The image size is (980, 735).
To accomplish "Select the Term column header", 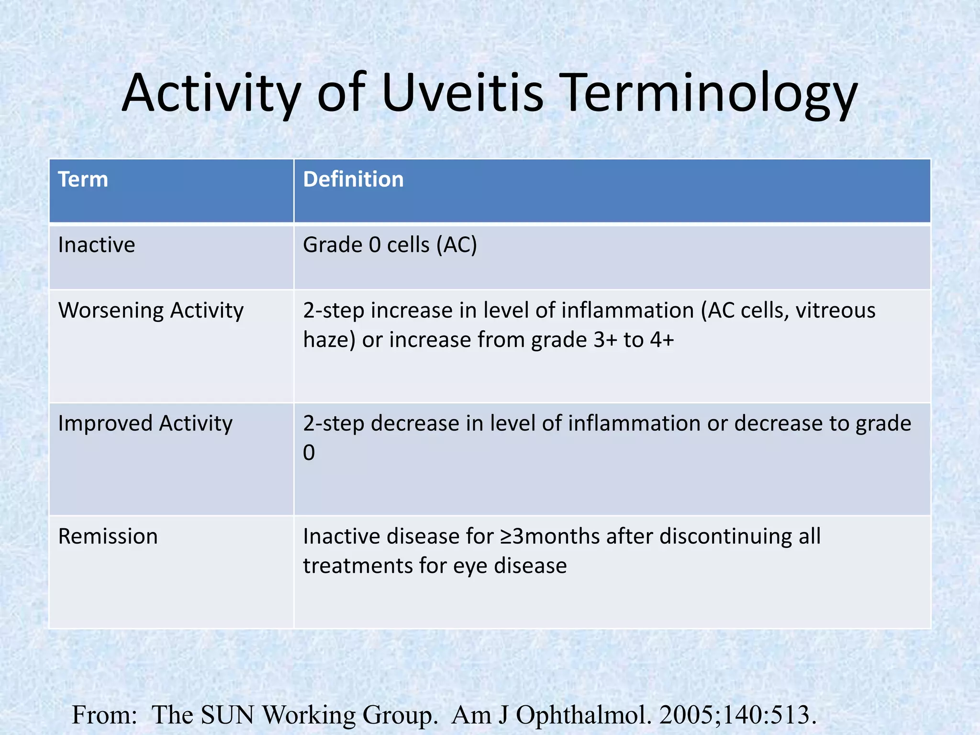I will point(83,179).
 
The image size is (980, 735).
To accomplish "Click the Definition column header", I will point(353,179).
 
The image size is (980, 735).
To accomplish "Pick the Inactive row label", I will point(97,245).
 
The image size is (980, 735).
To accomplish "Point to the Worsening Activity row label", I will point(151,311).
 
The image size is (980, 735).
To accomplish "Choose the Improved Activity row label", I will point(145,423).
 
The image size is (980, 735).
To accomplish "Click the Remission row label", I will point(108,536).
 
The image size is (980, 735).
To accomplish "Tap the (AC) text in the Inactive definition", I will point(457,245).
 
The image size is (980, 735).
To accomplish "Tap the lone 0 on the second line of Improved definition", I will point(309,453).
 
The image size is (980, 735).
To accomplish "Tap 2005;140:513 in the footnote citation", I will point(735,715).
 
